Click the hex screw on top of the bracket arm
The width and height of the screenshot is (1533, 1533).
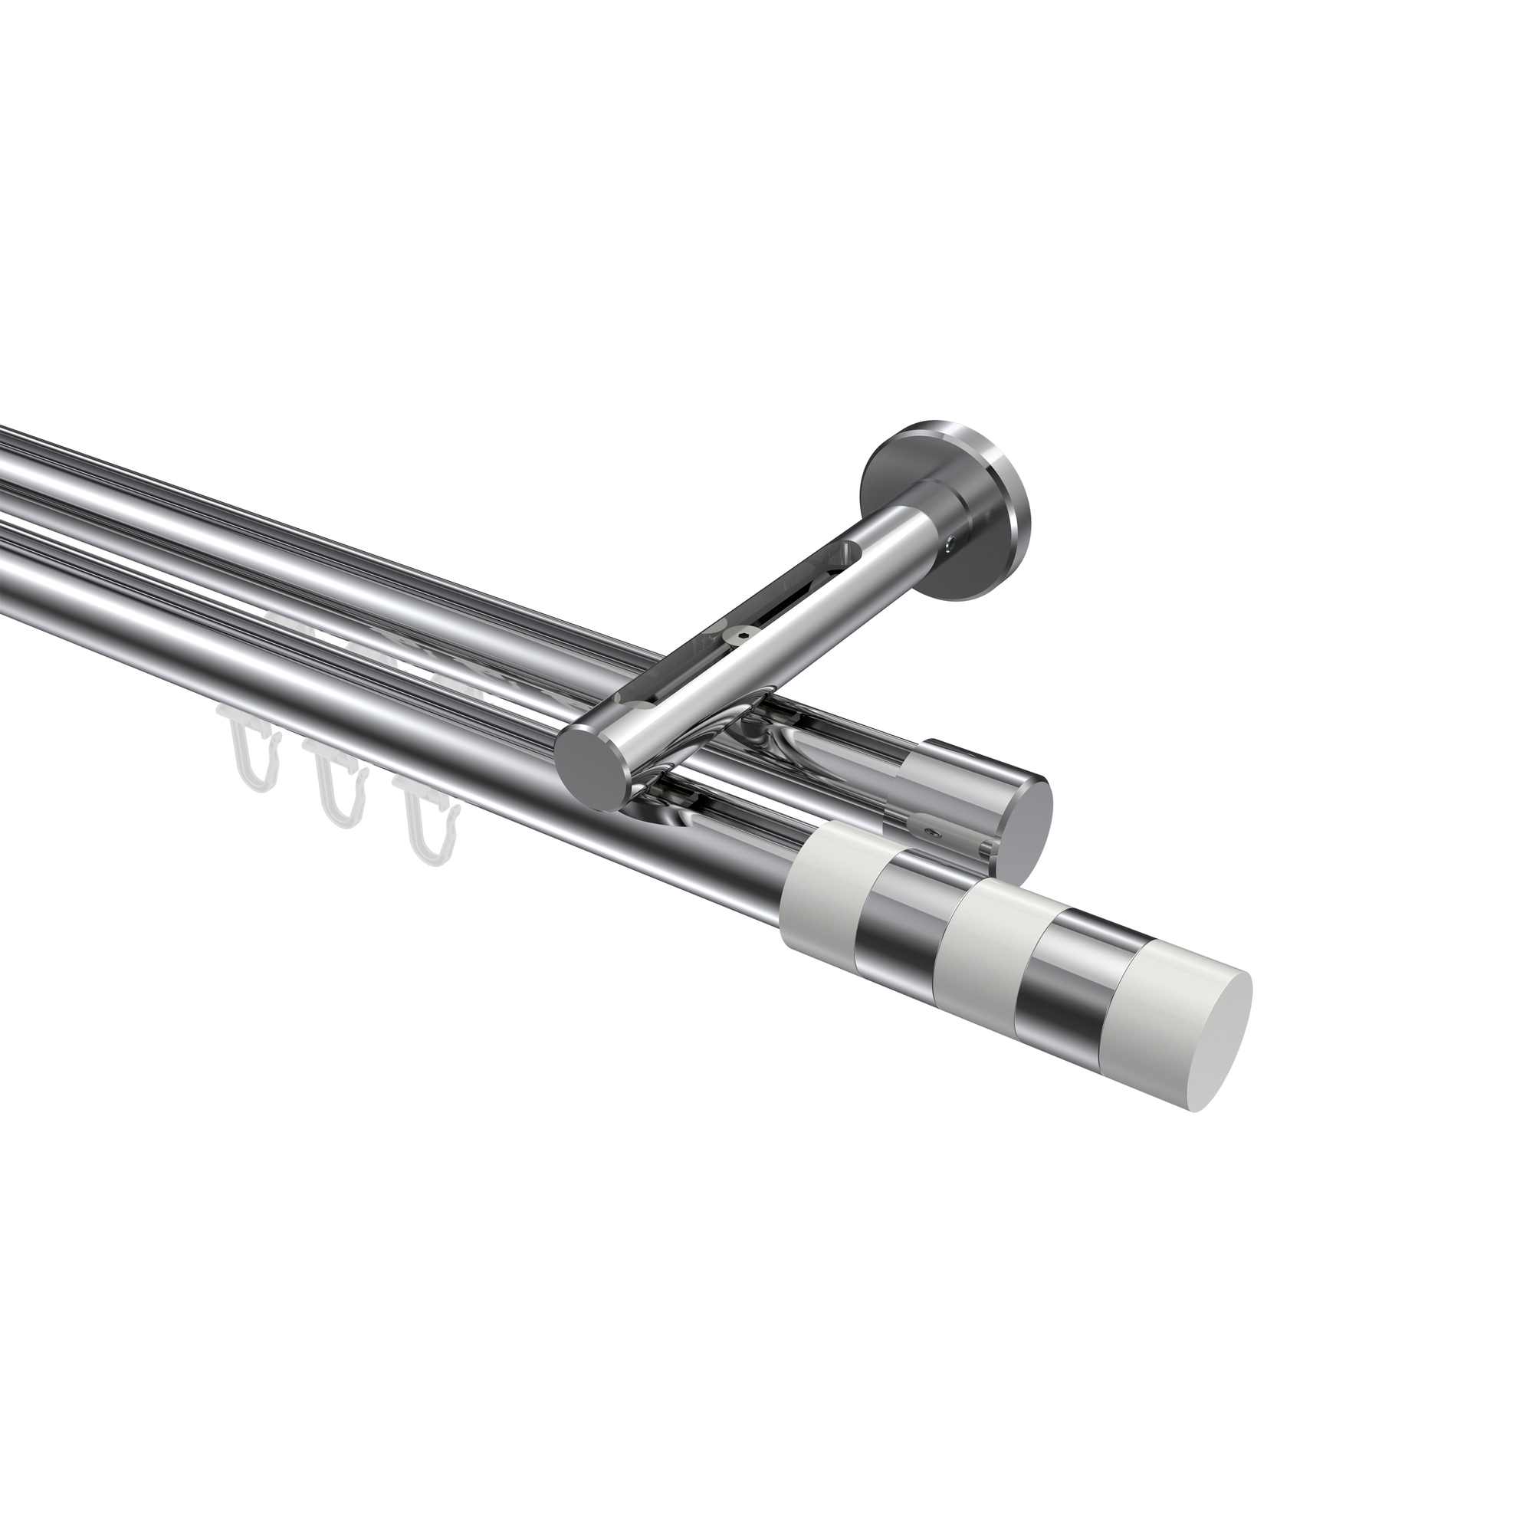[x=742, y=655]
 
